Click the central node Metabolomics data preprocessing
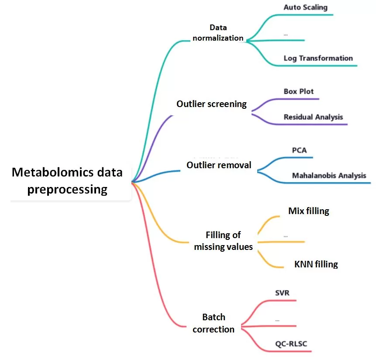click(x=67, y=181)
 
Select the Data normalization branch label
click(x=218, y=33)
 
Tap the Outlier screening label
click(x=211, y=104)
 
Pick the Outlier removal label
click(x=219, y=165)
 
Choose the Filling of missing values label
click(x=223, y=241)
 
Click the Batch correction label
click(x=214, y=323)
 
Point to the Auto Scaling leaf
click(x=305, y=7)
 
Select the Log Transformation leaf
click(x=318, y=58)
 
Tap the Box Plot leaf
click(x=299, y=92)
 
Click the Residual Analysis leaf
click(x=313, y=117)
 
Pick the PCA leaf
click(x=299, y=151)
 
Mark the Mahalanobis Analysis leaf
click(x=329, y=176)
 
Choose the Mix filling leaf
click(x=309, y=211)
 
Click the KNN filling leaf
click(x=316, y=264)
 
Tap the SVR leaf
click(x=282, y=293)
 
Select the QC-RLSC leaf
click(x=291, y=344)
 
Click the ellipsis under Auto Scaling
click(x=286, y=34)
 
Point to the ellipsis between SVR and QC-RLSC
click(x=277, y=320)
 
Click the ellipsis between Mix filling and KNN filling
click(x=286, y=236)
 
